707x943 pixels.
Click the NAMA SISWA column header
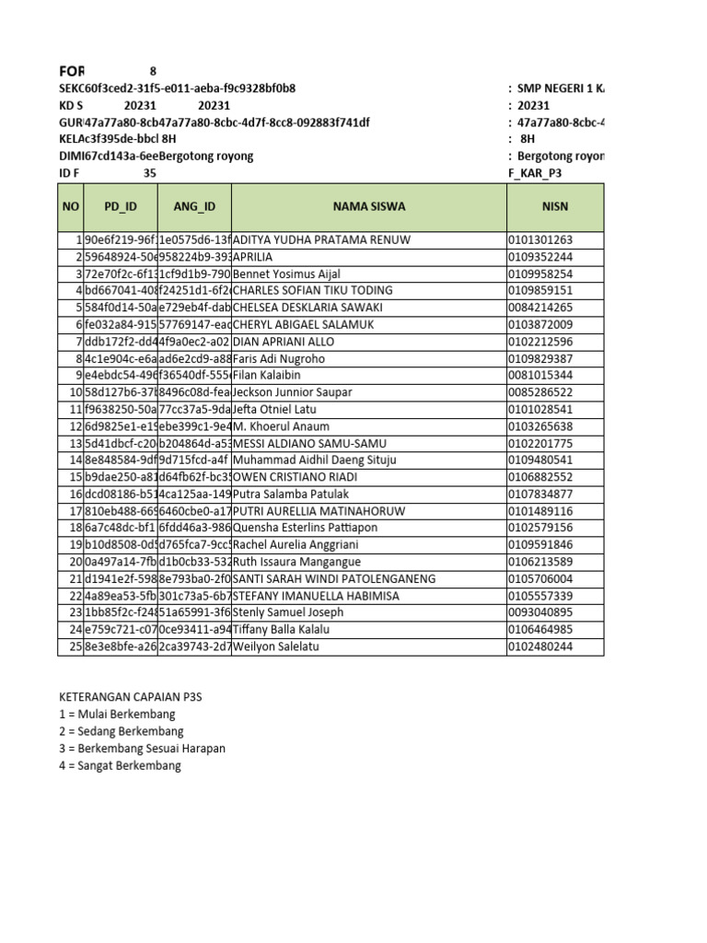[x=368, y=207]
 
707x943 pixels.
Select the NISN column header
[x=555, y=207]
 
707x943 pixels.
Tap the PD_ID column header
[x=120, y=207]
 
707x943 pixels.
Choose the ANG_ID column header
[x=193, y=207]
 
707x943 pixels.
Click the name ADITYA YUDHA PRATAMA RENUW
[x=321, y=240]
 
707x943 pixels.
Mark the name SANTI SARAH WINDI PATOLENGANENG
[x=333, y=579]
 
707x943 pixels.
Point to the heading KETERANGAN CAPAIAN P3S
[x=130, y=697]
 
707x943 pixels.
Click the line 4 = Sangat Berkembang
[x=120, y=765]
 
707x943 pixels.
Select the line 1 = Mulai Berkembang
[x=117, y=715]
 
